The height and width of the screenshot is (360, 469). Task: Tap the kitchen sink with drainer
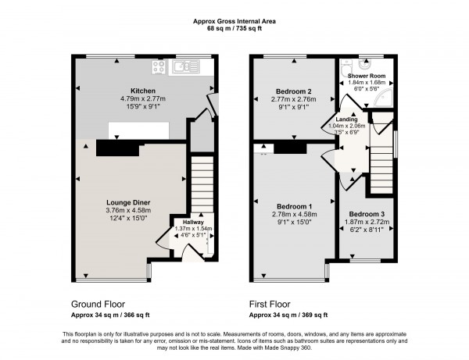pos(185,68)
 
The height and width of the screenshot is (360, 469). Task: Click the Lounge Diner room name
pos(128,201)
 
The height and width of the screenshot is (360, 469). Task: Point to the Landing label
pos(347,119)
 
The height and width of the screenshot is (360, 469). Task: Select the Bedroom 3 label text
pos(367,214)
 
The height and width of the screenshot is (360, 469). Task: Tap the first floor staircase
pos(381,160)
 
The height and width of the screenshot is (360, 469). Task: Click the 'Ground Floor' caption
pos(98,304)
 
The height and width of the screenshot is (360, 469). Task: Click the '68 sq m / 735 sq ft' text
pos(234,29)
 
